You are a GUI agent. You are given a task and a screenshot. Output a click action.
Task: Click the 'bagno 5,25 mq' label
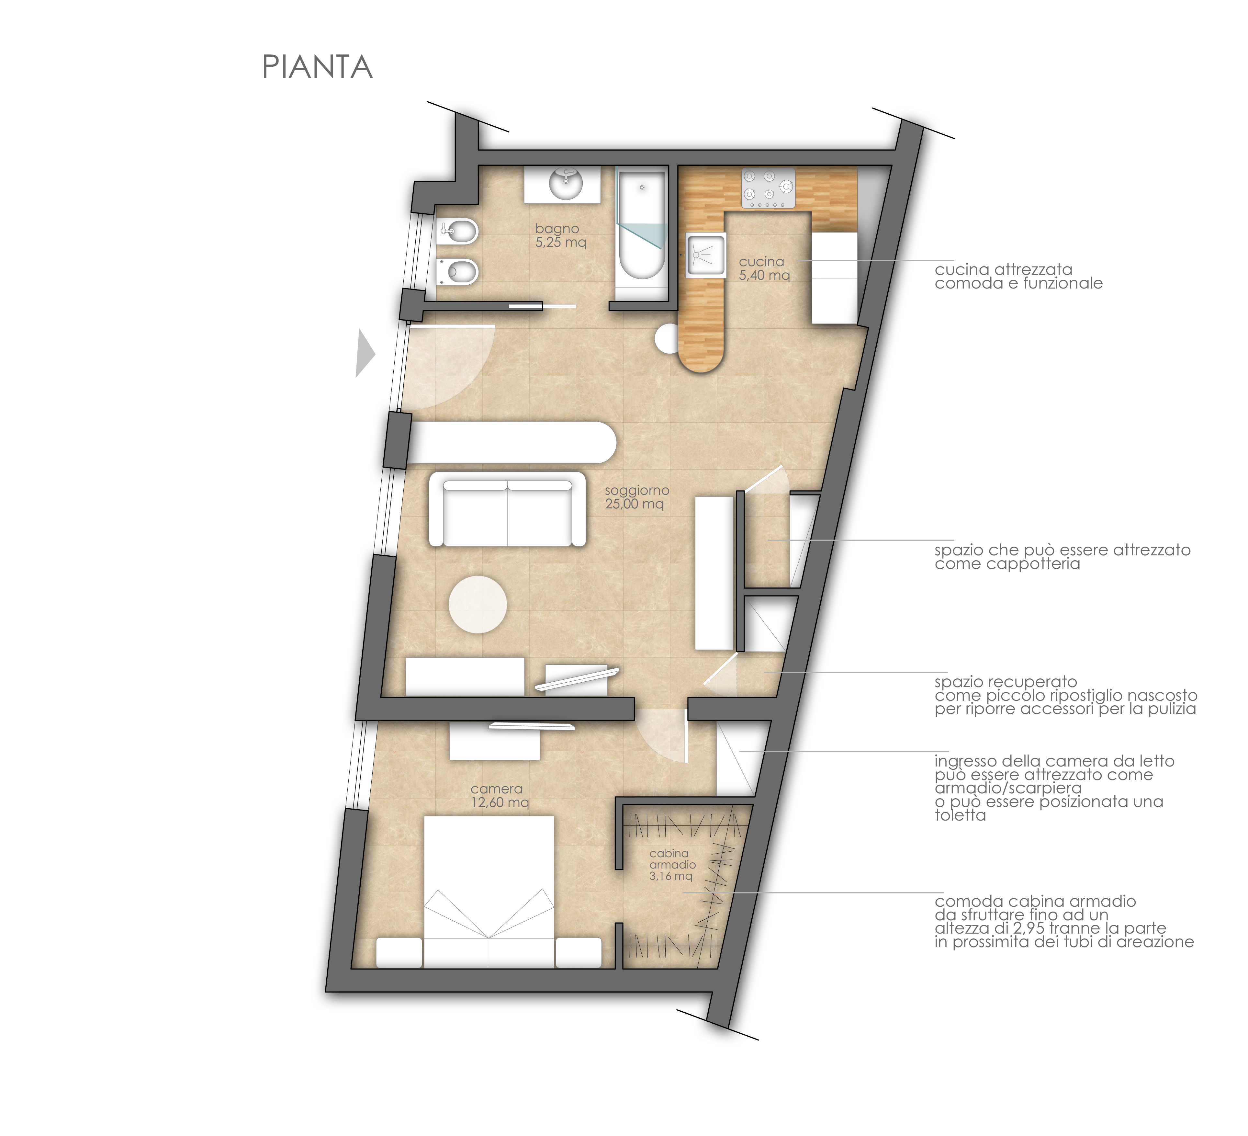pyautogui.click(x=560, y=235)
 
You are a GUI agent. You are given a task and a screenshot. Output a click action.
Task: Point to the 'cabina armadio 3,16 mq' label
pyautogui.click(x=672, y=864)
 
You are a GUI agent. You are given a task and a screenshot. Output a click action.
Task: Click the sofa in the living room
pyautogui.click(x=508, y=509)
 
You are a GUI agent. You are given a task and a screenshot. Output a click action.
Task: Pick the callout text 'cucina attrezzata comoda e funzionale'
pyautogui.click(x=1018, y=276)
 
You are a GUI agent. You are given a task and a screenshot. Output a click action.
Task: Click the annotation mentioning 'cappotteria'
pyautogui.click(x=1062, y=557)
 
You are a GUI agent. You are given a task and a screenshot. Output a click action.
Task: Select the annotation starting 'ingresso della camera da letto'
pyautogui.click(x=1054, y=788)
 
